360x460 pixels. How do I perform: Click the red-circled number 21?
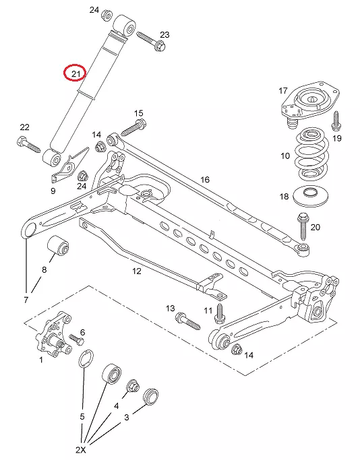(76, 73)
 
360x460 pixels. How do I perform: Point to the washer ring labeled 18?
(311, 196)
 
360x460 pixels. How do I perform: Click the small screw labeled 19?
(336, 121)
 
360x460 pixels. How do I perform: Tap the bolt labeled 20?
(303, 226)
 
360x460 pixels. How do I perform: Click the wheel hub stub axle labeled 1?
(54, 335)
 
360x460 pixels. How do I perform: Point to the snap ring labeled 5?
(86, 358)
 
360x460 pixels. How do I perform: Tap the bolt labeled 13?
(187, 321)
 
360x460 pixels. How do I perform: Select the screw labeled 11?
(219, 314)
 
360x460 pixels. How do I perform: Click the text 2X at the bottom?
(81, 450)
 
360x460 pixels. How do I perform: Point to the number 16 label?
(205, 179)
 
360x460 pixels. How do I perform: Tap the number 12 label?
(137, 271)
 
